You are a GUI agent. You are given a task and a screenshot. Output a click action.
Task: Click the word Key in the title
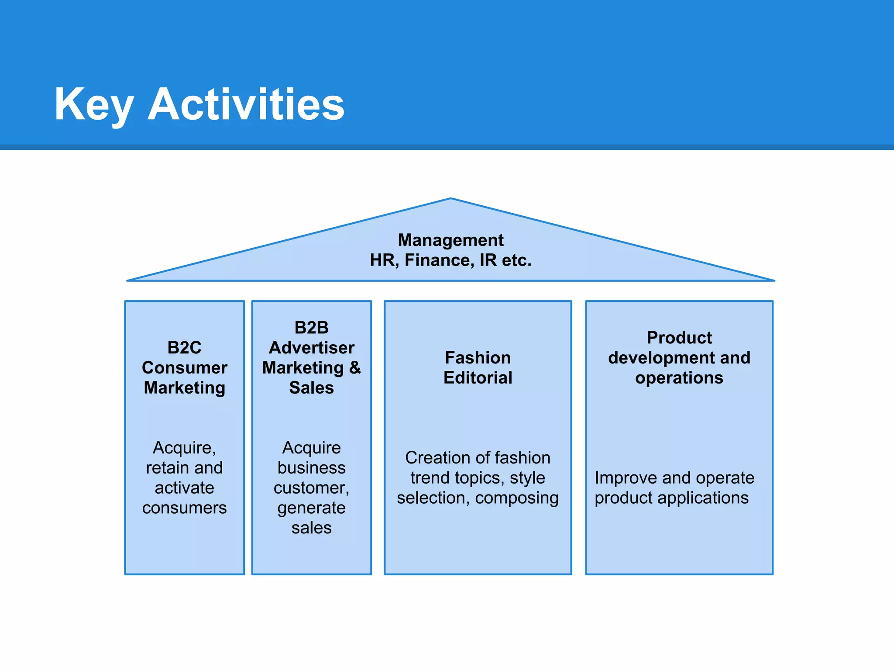click(x=93, y=105)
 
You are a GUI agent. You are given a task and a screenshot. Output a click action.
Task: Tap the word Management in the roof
click(x=450, y=240)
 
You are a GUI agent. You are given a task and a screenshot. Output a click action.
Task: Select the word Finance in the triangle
click(x=439, y=260)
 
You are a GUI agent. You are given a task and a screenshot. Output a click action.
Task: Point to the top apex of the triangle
click(x=450, y=199)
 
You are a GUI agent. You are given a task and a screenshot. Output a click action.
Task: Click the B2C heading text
click(x=184, y=348)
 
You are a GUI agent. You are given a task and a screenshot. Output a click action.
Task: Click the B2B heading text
click(x=311, y=328)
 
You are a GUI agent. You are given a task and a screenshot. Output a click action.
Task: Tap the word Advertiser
click(x=311, y=348)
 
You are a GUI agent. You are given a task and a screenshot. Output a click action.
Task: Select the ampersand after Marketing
click(x=355, y=368)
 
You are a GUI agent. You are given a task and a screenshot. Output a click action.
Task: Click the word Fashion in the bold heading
click(x=478, y=358)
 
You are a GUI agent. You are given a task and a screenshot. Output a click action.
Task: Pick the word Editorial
click(x=478, y=378)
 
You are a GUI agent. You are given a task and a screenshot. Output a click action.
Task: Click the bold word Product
click(x=679, y=338)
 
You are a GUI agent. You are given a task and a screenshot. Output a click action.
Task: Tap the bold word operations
click(x=679, y=378)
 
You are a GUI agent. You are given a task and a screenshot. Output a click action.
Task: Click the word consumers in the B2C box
click(x=184, y=508)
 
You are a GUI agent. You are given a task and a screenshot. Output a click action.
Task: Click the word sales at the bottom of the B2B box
click(x=311, y=528)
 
